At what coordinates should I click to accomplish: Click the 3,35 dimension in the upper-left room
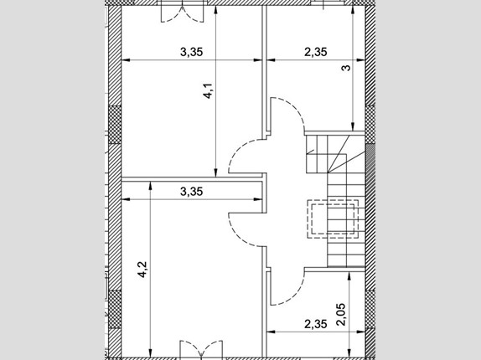coord(191,52)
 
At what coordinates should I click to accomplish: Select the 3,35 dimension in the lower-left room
coord(191,192)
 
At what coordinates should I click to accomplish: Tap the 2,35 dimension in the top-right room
coord(316,52)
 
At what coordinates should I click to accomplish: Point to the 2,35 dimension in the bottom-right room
coord(316,324)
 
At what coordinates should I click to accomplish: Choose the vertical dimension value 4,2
coord(142,270)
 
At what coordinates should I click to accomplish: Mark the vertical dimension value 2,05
coord(341,314)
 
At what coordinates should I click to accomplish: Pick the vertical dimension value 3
coord(346,68)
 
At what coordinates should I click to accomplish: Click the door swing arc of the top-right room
coord(296,108)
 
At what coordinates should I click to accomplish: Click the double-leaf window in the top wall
coord(182,13)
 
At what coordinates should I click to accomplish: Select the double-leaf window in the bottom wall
coord(201,348)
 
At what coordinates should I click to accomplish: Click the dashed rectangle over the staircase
coord(333,219)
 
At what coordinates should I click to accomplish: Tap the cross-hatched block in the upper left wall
coord(115,125)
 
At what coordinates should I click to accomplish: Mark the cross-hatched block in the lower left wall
coord(115,309)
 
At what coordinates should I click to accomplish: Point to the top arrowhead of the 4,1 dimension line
coord(216,9)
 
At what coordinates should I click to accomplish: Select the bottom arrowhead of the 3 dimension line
coord(353,127)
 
